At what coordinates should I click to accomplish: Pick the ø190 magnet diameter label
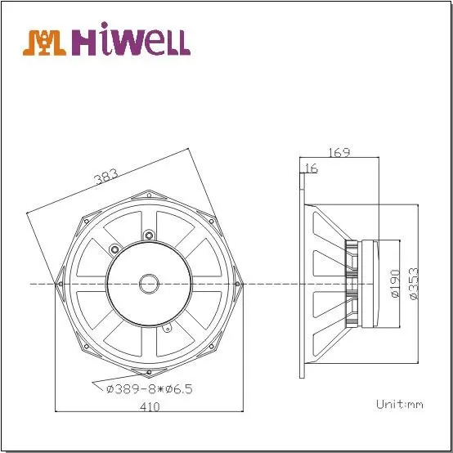tap(395, 283)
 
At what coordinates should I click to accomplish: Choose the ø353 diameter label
tap(415, 283)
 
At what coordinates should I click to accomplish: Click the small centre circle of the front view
tap(149, 283)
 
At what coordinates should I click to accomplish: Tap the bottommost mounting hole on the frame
tap(150, 375)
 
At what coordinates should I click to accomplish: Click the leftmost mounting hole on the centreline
tap(59, 283)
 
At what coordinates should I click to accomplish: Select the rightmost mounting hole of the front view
tap(240, 283)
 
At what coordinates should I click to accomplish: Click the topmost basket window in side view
tap(328, 231)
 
